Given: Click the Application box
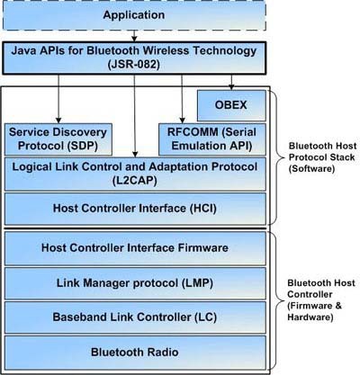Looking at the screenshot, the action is tap(134, 15).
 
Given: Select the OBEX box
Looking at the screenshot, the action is tap(231, 105).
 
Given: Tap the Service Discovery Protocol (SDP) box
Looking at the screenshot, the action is tap(58, 139).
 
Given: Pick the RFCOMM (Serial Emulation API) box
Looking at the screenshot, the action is tap(212, 139).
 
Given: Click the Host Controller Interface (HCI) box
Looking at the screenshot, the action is tap(135, 209).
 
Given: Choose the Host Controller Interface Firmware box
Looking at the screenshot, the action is tap(135, 248).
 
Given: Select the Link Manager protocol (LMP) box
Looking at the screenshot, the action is tap(135, 283).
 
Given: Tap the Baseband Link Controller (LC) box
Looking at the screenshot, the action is tap(135, 317).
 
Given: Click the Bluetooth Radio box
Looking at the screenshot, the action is tap(135, 353).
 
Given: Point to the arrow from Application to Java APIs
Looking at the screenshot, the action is tap(134, 36).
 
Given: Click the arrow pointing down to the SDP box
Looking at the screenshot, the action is tap(58, 99).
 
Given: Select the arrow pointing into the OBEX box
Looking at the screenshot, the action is tap(231, 83).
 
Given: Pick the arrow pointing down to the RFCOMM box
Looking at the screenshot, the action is tap(182, 99).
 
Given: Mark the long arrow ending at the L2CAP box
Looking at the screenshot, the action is tap(135, 116).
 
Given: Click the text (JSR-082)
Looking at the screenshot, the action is tap(134, 65).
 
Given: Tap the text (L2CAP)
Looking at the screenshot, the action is tap(135, 181).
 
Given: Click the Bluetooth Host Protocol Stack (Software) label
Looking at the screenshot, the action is tap(322, 157).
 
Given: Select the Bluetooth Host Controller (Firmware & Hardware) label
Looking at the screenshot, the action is tap(321, 300).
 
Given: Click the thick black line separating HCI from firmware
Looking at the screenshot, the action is tap(135, 228).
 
